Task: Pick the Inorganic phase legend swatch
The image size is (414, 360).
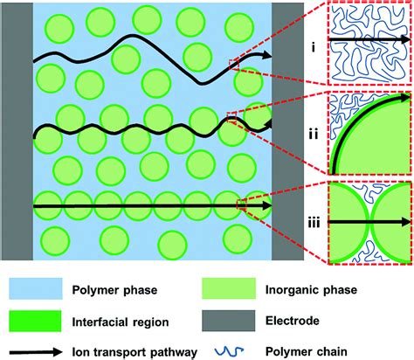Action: click(x=232, y=284)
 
